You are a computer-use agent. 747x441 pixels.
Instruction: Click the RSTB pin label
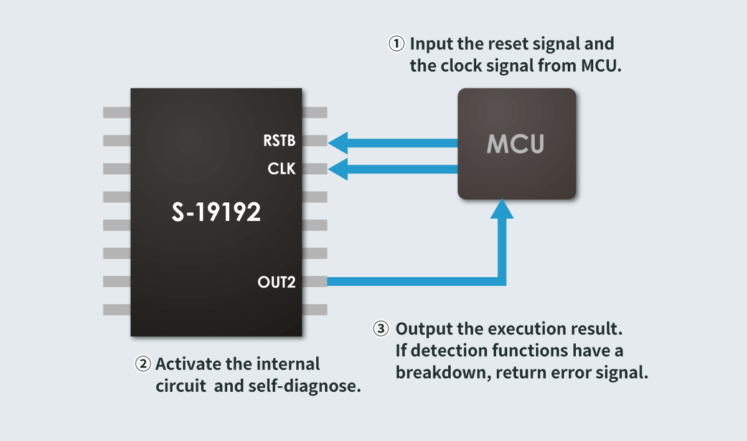pyautogui.click(x=278, y=141)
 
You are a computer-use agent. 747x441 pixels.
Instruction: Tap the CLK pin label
pyautogui.click(x=281, y=169)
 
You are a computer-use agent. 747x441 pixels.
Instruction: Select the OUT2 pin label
pyautogui.click(x=276, y=282)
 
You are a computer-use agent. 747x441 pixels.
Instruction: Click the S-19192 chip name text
pyautogui.click(x=216, y=213)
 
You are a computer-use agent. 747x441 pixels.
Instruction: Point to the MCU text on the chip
pyautogui.click(x=515, y=144)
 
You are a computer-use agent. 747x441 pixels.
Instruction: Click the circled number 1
pyautogui.click(x=397, y=45)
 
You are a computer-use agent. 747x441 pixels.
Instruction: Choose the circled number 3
pyautogui.click(x=380, y=329)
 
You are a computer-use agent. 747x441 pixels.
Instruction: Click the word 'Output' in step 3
pyautogui.click(x=421, y=328)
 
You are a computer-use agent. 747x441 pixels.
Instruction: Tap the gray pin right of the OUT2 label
pyautogui.click(x=315, y=282)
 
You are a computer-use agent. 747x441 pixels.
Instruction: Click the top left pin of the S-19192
pyautogui.click(x=116, y=113)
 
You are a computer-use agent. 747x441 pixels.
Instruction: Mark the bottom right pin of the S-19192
pyautogui.click(x=315, y=309)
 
